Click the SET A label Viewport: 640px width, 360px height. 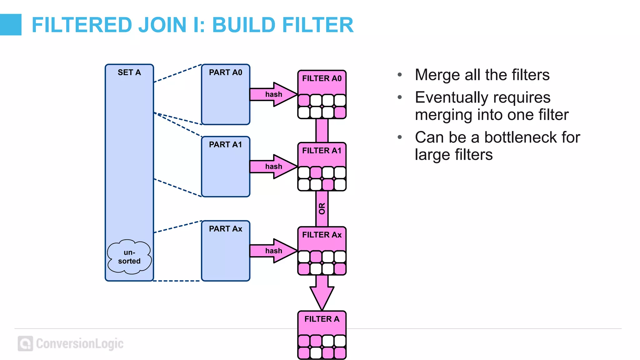(129, 72)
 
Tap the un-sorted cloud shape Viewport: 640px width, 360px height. (129, 257)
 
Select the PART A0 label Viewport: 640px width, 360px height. (225, 72)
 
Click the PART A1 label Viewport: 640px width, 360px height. (225, 145)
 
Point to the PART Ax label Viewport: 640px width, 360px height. (225, 229)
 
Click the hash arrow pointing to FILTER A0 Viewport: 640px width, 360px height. (273, 94)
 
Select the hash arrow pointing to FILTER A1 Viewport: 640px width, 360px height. (273, 167)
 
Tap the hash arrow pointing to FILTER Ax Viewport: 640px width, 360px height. (273, 251)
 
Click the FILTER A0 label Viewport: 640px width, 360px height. (322, 78)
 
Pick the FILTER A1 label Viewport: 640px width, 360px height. (322, 151)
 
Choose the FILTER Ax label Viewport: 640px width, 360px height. (322, 235)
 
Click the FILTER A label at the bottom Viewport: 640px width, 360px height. (322, 319)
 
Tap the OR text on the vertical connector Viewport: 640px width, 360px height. (322, 208)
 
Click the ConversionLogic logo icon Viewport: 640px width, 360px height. (25, 343)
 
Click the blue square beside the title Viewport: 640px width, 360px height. (11, 25)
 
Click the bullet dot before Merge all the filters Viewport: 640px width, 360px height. (400, 75)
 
